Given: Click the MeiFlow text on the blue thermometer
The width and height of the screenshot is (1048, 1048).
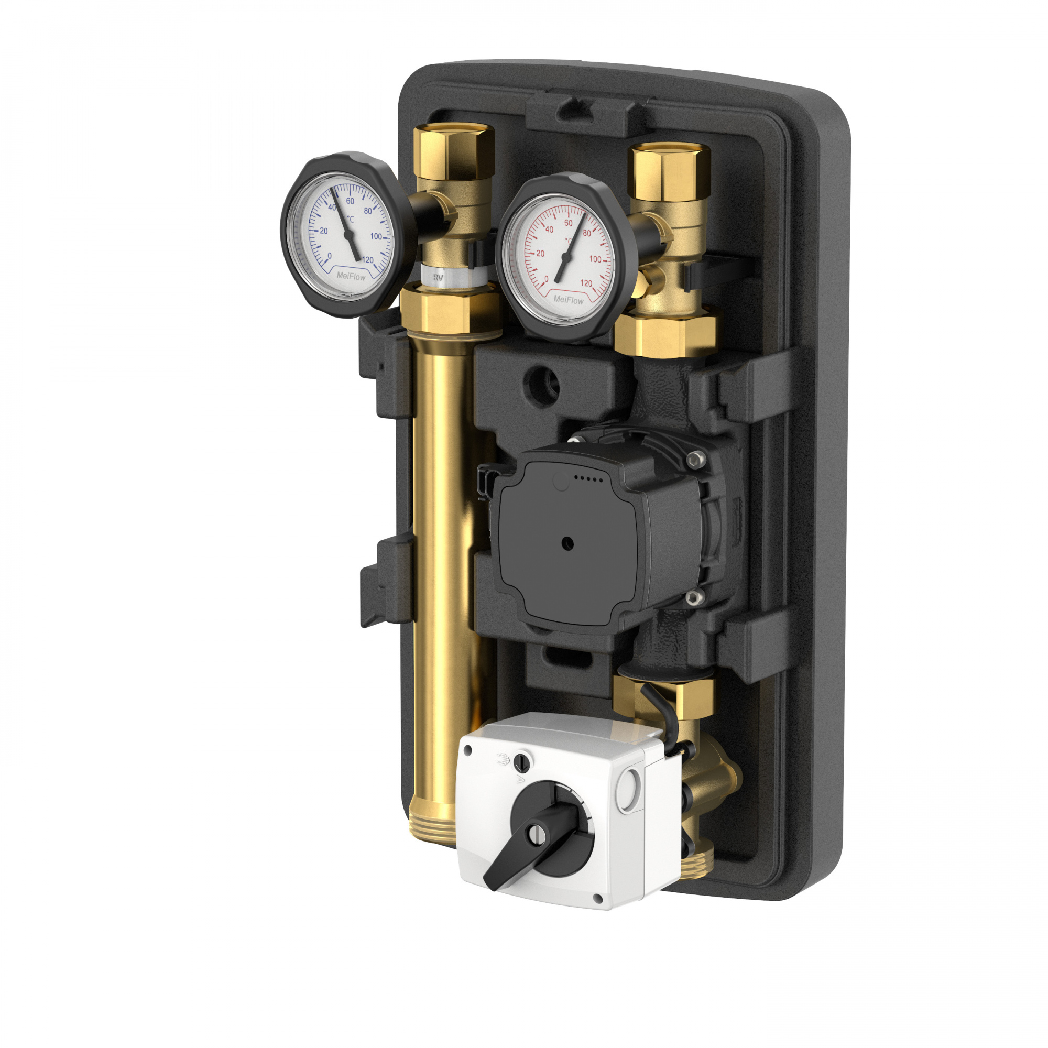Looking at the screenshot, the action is point(351,276).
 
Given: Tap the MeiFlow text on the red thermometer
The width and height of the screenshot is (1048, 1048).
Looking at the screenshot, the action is point(569,299).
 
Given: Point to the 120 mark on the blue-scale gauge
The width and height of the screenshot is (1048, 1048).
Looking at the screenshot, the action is point(367,260).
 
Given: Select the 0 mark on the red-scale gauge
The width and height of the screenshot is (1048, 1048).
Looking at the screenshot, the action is point(546,279).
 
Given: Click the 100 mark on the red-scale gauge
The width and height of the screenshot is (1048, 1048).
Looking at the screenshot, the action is point(595,259).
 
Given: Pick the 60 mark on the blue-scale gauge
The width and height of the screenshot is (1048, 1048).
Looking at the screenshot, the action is point(351,201).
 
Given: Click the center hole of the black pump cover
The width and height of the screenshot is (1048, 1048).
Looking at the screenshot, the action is point(568,543).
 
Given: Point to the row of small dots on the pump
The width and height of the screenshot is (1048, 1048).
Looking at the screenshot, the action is point(588,479).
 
